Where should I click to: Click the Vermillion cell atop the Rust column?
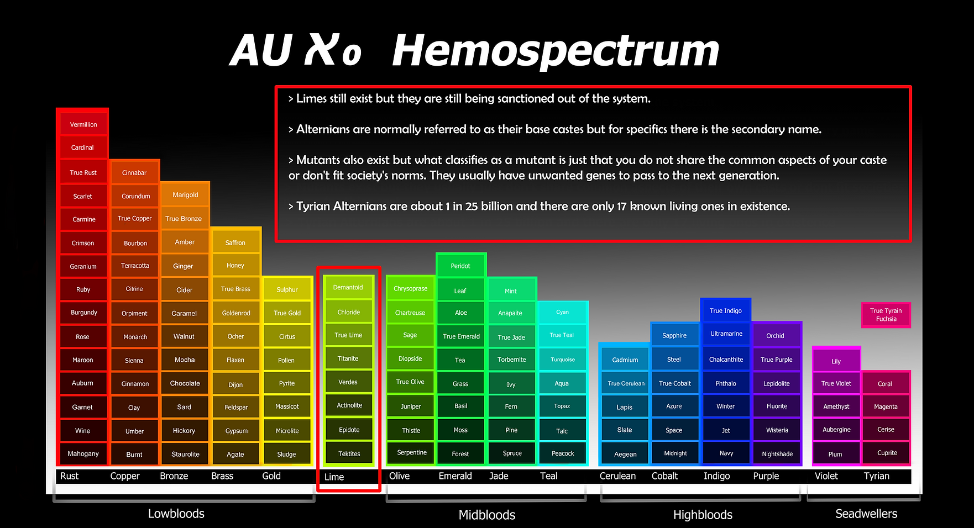pos(83,124)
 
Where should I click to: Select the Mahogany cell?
pos(83,453)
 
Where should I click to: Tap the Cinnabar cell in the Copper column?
pos(134,172)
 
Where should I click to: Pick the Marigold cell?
pos(185,194)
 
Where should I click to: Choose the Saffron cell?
pos(235,242)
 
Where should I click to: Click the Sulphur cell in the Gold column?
pos(287,289)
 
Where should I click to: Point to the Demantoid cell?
pos(348,287)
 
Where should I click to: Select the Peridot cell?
pos(460,266)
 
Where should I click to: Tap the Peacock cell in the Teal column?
pos(563,453)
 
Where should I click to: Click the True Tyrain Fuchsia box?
pos(886,315)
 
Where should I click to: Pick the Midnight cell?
pos(675,453)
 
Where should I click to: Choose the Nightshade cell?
pos(777,453)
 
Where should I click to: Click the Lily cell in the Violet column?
pos(836,361)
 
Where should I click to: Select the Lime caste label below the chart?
pos(334,477)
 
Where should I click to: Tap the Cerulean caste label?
pos(617,476)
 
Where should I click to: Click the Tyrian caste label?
pos(877,476)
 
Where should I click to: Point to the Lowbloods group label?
pos(176,514)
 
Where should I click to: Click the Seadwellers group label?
pos(866,514)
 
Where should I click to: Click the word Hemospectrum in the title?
pos(556,51)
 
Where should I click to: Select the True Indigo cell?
pos(726,310)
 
